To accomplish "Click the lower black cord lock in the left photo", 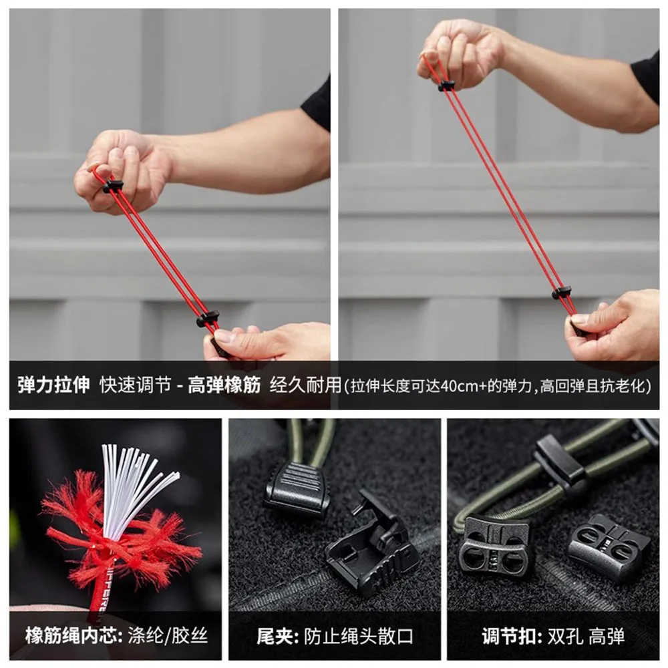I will point(208,319).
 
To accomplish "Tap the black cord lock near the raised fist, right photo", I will point(446,86).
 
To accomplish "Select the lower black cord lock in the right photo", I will point(561,292).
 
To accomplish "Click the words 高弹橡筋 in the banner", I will point(224,385).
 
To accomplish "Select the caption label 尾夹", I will point(273,635).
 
